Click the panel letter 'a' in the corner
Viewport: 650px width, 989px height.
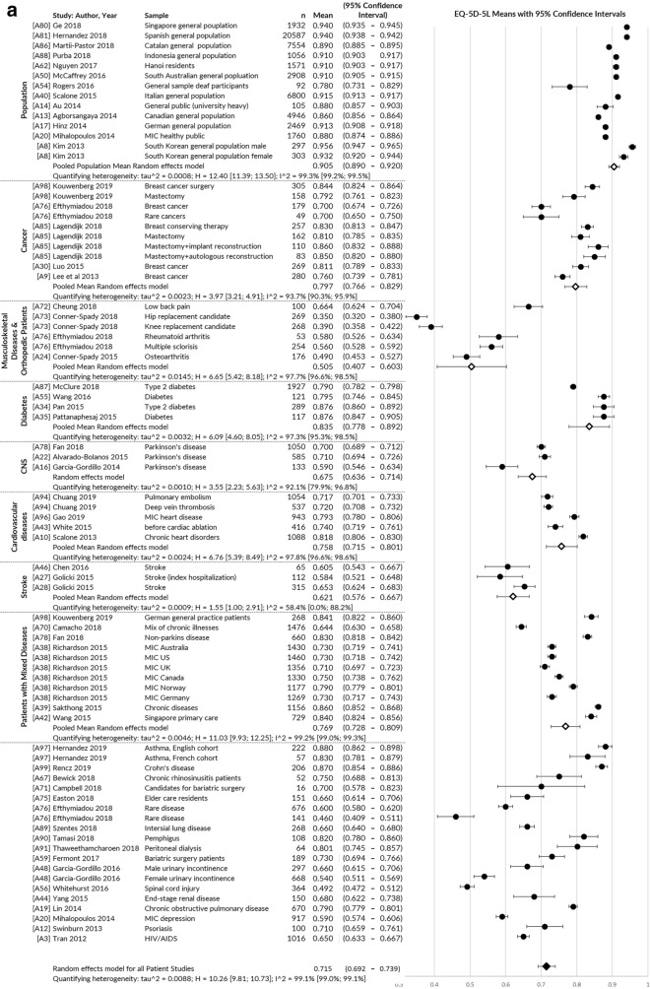click(8, 9)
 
